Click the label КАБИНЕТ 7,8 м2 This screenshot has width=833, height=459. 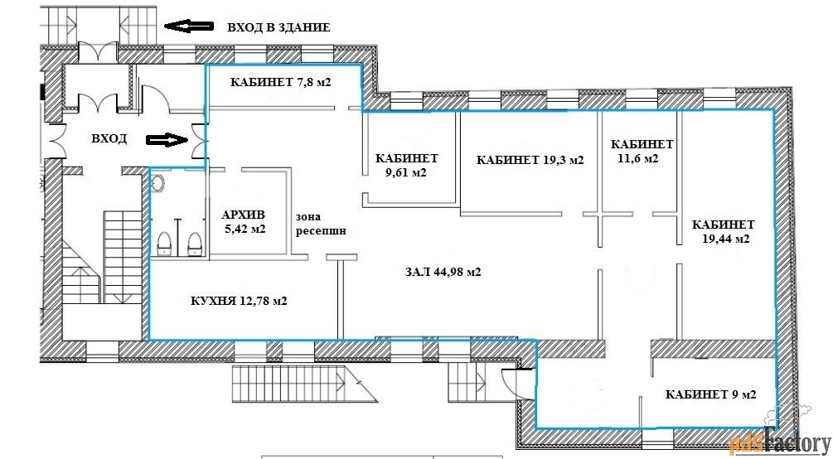point(281,82)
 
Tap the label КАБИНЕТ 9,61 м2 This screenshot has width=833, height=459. point(406,165)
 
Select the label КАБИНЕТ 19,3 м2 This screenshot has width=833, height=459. point(530,160)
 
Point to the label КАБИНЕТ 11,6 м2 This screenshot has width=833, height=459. point(642,151)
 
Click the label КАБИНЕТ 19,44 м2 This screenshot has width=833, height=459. point(723,232)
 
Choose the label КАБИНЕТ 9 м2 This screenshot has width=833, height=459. point(711,394)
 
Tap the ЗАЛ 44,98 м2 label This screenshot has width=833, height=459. point(443,272)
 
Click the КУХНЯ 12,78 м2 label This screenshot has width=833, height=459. point(239,302)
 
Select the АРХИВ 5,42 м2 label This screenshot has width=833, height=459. point(243,222)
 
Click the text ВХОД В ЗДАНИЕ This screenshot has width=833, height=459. point(278,27)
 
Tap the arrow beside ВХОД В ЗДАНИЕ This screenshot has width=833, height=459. point(189,26)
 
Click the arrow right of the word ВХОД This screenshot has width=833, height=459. point(167,140)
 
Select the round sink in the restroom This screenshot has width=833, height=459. point(157,183)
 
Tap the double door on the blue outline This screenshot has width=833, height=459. point(200,140)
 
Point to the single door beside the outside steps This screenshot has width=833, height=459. point(511,383)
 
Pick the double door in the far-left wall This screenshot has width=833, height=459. point(55,141)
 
